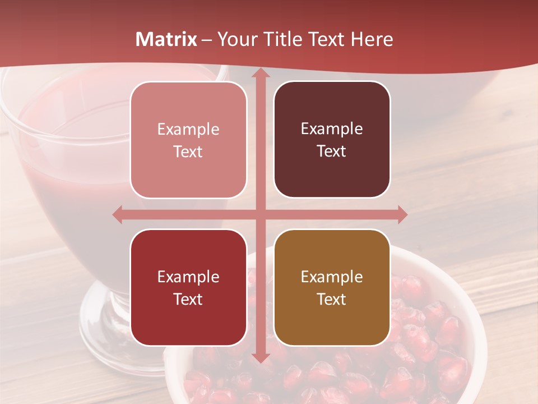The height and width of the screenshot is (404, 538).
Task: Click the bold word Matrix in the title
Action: (166, 39)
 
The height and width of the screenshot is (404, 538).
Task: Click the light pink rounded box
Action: (188, 140)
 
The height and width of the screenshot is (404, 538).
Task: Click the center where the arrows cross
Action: (260, 214)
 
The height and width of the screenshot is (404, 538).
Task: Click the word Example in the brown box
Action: (332, 277)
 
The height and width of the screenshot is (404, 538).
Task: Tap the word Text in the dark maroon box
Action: (332, 151)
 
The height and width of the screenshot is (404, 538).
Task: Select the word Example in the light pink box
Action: (188, 129)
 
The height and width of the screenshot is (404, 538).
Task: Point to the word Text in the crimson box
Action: (188, 299)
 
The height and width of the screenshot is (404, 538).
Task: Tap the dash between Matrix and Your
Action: (207, 40)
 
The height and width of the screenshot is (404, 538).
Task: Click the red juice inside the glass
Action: (67, 185)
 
